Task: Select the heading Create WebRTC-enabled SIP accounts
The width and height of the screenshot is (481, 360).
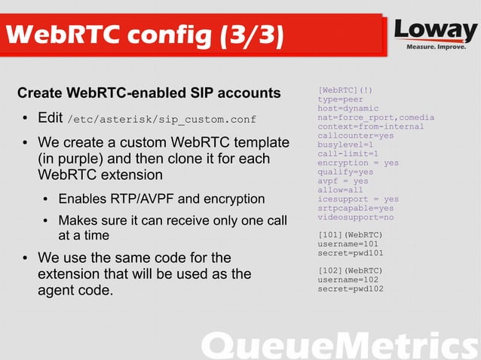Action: (149, 93)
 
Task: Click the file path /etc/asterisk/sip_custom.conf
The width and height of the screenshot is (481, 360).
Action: (161, 120)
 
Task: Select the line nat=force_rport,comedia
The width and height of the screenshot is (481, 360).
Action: (370, 117)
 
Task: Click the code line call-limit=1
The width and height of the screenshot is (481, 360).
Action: (348, 154)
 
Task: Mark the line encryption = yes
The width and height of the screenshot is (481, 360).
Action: (358, 163)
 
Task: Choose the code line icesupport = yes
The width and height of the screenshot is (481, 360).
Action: (358, 199)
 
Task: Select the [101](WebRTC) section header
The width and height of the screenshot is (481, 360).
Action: (351, 235)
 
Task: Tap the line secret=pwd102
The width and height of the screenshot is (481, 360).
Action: (351, 288)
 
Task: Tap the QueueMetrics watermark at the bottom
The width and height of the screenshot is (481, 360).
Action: (340, 345)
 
